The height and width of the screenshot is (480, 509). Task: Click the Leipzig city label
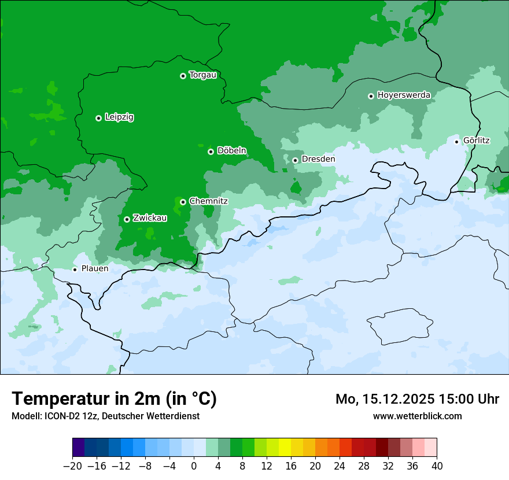[119, 117]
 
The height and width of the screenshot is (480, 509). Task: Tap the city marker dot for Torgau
[183, 76]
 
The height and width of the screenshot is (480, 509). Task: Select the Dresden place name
[318, 159]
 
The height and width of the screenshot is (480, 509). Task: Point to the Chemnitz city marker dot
[183, 202]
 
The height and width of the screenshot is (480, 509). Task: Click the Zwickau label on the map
[150, 218]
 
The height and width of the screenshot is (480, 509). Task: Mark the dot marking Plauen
[75, 269]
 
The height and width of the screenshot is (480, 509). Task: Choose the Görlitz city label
[477, 141]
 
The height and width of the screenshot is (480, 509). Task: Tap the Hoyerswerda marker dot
[371, 96]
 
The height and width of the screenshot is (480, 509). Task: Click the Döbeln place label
[231, 151]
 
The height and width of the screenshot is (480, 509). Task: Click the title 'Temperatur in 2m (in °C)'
[114, 398]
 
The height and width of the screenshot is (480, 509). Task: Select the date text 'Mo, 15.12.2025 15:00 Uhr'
[417, 399]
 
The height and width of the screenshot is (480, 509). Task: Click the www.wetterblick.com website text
[417, 416]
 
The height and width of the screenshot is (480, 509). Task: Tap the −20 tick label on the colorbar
[72, 466]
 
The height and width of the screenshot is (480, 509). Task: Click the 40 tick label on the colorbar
[437, 466]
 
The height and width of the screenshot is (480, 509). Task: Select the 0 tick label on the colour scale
[194, 466]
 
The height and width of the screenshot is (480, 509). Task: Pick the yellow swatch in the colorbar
[285, 448]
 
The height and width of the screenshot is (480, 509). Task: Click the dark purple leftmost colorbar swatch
[78, 448]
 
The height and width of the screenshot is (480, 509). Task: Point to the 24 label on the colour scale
[340, 466]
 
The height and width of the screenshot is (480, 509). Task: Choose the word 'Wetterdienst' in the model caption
[175, 416]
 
